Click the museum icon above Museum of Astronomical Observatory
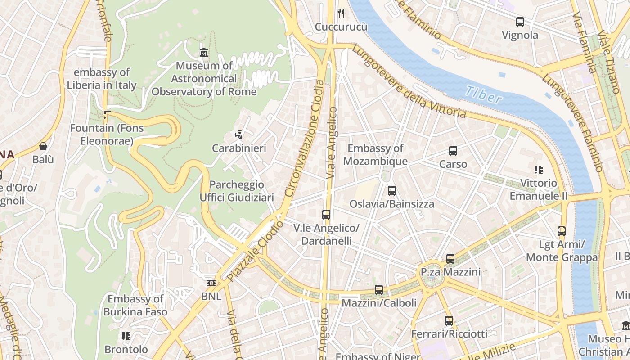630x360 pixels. [204, 53]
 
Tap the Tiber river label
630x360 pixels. [483, 94]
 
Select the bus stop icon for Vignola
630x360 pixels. [520, 22]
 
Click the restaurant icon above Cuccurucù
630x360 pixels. [341, 13]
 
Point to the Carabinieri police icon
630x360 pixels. [239, 135]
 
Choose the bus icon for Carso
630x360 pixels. [453, 151]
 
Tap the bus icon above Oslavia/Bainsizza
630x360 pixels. [392, 190]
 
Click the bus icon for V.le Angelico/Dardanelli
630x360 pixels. [326, 215]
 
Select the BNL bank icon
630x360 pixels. [211, 283]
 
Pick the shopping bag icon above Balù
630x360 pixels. [43, 146]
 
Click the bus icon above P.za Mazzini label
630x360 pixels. [450, 259]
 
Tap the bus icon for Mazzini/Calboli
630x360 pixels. [379, 290]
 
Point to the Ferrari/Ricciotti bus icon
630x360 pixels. [449, 321]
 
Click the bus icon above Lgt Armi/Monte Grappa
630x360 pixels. [562, 231]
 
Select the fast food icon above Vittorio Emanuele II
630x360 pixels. [538, 170]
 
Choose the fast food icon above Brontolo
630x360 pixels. [126, 336]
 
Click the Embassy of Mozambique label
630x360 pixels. [375, 154]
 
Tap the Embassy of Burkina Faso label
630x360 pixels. [135, 305]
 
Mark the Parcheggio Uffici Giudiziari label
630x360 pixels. [237, 191]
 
